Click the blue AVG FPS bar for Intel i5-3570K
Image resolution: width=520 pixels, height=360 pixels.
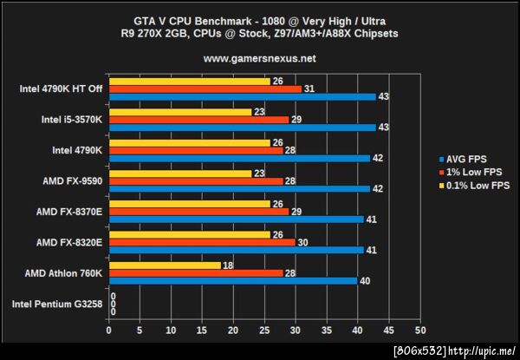tap(242, 128)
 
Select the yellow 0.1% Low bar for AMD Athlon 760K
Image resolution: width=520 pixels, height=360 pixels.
tap(165, 265)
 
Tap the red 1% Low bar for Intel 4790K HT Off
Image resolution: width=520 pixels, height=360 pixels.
tap(205, 88)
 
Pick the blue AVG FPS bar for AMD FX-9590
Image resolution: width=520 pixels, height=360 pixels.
tap(238, 188)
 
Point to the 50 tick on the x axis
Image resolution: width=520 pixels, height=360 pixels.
tap(420, 331)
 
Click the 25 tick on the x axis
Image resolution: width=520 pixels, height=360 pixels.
tap(264, 331)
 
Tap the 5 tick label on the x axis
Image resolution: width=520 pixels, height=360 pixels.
tap(140, 331)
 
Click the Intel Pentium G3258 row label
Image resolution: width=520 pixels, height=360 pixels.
tap(57, 304)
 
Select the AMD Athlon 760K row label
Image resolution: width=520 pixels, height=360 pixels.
tap(62, 272)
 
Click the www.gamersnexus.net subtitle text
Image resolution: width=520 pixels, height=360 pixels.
tap(259, 59)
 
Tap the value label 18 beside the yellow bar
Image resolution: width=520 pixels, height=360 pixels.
tap(228, 265)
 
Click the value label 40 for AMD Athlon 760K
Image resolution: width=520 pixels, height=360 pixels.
tap(365, 280)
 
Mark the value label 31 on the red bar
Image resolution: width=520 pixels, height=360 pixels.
tap(309, 88)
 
